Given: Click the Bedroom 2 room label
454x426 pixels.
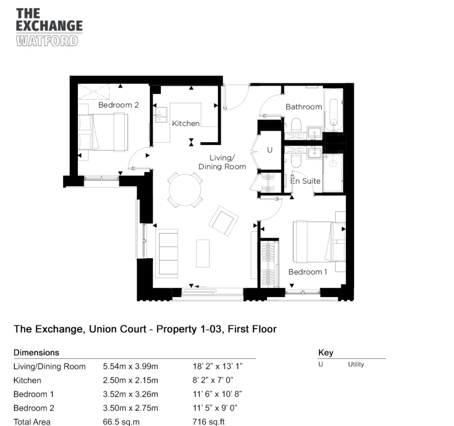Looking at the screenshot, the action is [118, 105].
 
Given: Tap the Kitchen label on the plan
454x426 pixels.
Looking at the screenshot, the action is [186, 123].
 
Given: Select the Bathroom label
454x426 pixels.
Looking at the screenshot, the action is [304, 107].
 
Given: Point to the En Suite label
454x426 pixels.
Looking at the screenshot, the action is [306, 181].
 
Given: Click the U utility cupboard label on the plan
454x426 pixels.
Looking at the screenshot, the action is [270, 150].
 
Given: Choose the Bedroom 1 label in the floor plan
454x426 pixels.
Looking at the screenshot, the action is [308, 272].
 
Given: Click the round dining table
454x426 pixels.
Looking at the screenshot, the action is [185, 190].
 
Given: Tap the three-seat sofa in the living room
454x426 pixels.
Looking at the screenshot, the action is [167, 254].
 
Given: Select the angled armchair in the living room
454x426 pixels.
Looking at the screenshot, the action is [223, 221].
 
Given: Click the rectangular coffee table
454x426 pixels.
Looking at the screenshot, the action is [203, 253].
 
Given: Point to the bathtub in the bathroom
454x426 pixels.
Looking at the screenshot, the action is [334, 110].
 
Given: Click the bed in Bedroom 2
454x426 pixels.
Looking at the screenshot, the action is [103, 132].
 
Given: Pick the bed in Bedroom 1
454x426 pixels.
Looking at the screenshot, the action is [319, 241].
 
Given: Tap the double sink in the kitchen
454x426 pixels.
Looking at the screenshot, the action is [161, 115].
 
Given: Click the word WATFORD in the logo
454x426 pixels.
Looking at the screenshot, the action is [47, 41].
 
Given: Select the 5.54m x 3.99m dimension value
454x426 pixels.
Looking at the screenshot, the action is [130, 366].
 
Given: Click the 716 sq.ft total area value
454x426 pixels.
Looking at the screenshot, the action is [209, 422].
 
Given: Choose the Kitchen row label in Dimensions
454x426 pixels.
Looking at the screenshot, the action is [27, 380].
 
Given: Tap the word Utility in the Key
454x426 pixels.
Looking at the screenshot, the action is [356, 364].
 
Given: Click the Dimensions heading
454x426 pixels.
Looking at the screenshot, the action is [36, 352].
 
